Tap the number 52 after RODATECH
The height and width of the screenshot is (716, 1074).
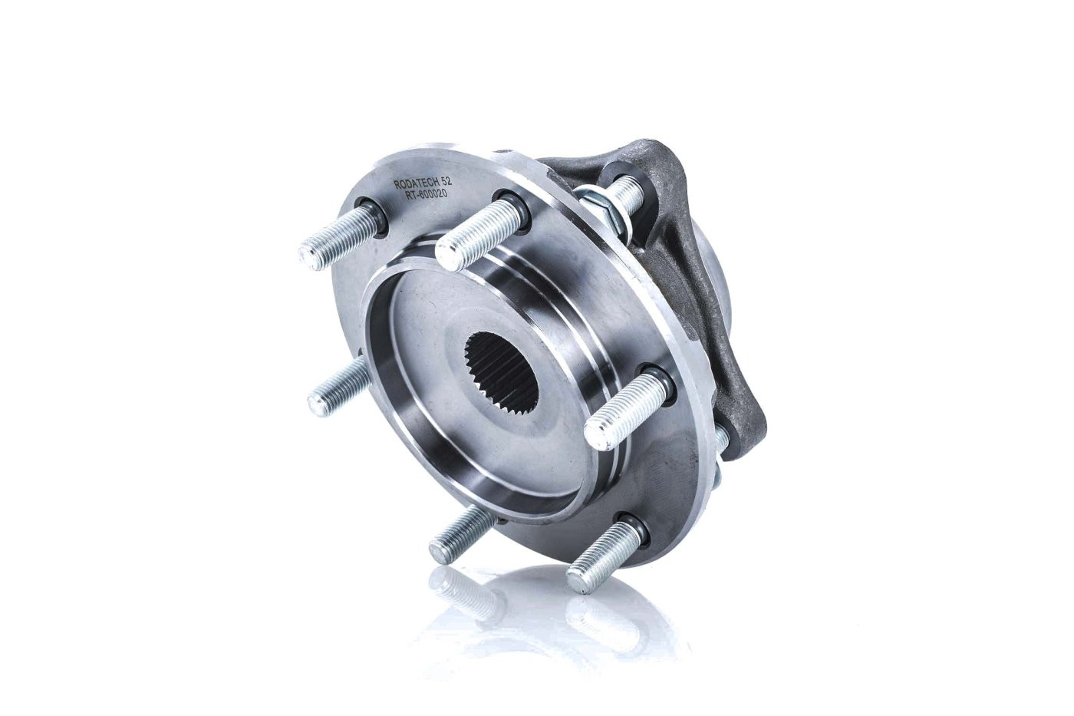pyautogui.click(x=446, y=180)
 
